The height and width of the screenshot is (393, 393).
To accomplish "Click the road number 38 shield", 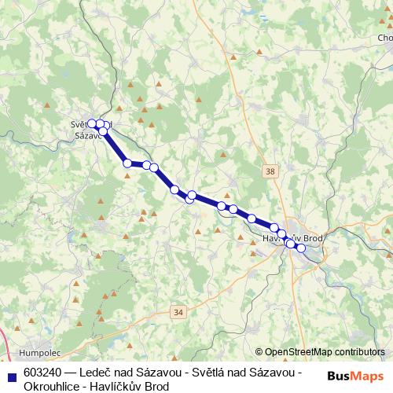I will (271, 171).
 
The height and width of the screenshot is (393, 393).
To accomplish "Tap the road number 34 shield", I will (178, 312).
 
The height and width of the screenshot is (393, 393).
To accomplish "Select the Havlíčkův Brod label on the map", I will (292, 237).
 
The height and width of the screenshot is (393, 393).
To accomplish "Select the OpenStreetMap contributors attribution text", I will (325, 352).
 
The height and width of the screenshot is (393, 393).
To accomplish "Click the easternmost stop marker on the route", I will (300, 248).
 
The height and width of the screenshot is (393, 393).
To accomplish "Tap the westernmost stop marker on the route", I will (91, 123).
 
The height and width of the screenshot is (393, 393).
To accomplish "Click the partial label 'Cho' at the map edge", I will (385, 38).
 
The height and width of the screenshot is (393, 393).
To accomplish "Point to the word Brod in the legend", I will (156, 386).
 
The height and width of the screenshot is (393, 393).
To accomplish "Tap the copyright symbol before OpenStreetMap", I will (259, 352).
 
